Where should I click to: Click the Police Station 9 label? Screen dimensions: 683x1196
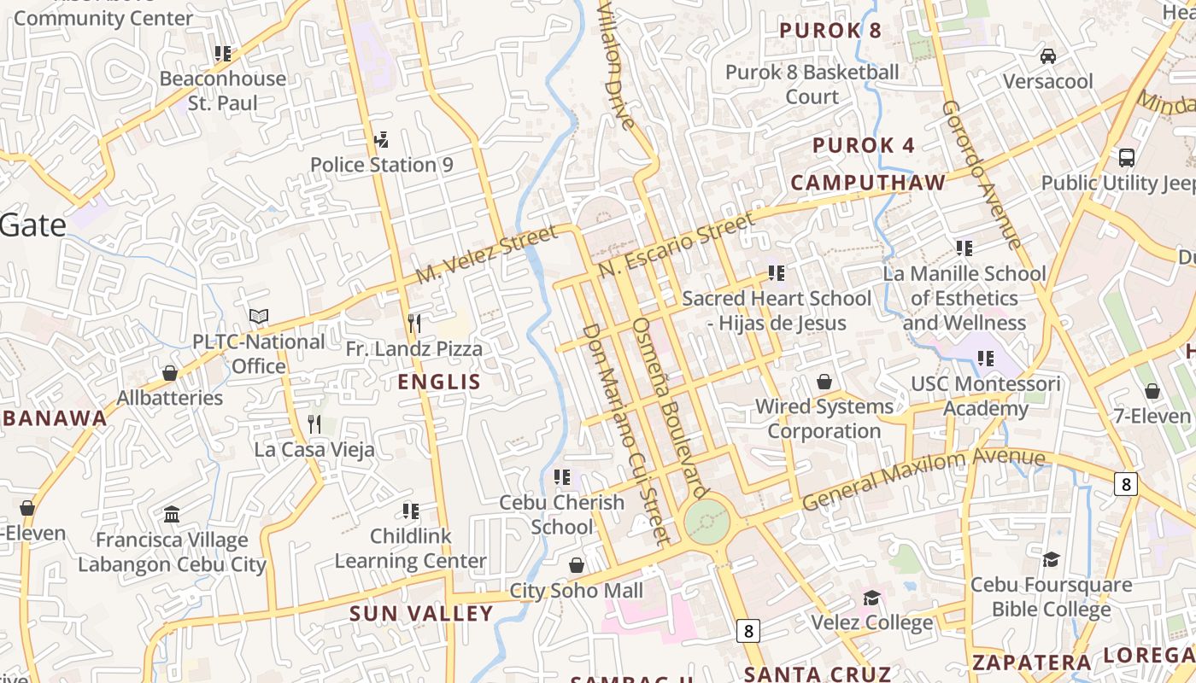click(x=381, y=165)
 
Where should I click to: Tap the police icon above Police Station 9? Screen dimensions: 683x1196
click(x=382, y=139)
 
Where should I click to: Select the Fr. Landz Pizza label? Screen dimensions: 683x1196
click(x=413, y=348)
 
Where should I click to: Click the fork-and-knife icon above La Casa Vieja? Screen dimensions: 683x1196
click(x=314, y=423)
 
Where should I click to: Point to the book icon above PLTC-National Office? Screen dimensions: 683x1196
click(x=259, y=317)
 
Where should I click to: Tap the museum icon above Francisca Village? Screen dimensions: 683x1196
click(x=172, y=514)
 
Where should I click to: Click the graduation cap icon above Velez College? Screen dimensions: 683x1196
click(x=871, y=598)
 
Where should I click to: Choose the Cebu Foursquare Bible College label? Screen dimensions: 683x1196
click(x=1051, y=597)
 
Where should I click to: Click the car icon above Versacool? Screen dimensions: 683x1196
click(x=1048, y=56)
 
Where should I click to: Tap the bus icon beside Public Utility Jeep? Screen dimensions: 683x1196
click(x=1127, y=158)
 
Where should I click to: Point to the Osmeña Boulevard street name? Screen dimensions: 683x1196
click(x=670, y=408)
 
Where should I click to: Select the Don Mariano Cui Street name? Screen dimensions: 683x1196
click(x=624, y=433)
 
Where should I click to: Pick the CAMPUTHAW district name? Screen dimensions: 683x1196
click(x=868, y=183)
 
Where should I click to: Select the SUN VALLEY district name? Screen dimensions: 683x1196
click(x=421, y=613)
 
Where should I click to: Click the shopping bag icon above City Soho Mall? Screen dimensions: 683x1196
click(x=577, y=565)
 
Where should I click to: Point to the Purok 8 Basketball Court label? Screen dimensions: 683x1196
click(x=812, y=84)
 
